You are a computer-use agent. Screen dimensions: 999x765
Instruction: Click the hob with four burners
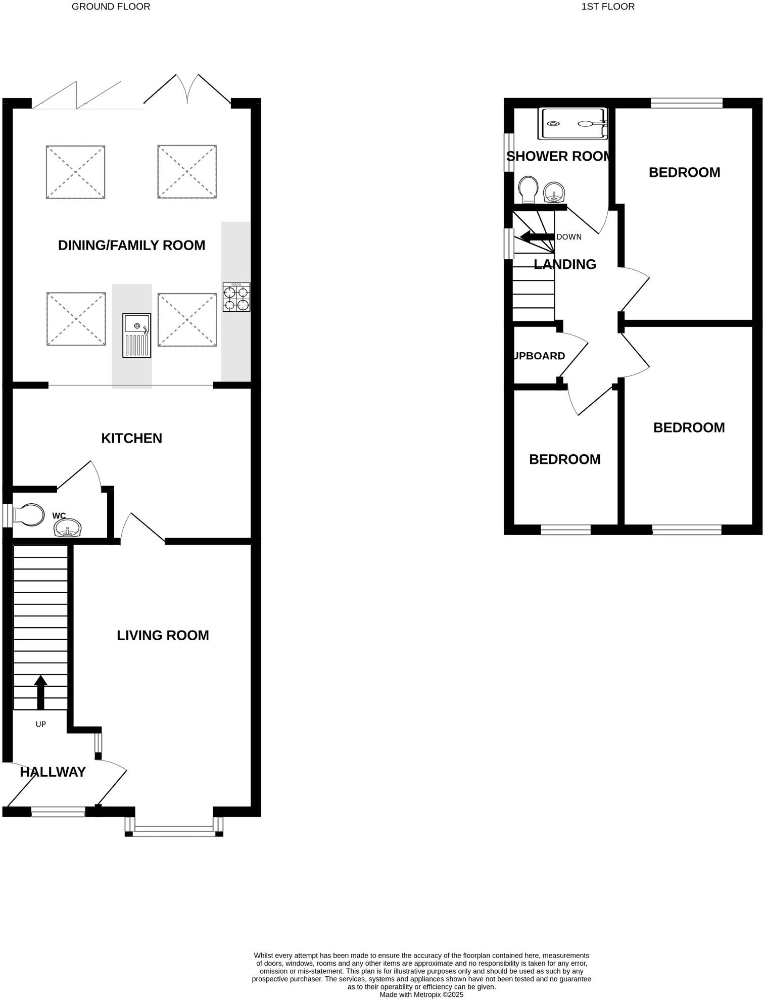[236, 297]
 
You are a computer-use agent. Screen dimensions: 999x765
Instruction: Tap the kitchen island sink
[136, 335]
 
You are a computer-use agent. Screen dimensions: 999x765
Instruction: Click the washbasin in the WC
[67, 528]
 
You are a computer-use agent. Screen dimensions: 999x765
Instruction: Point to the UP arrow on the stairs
[40, 692]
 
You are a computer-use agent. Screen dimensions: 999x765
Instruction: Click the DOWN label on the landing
[568, 236]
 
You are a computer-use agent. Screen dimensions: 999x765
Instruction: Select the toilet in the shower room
[528, 189]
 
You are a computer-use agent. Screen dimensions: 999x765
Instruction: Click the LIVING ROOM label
[163, 635]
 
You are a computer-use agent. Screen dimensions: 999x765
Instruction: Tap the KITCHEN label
[131, 438]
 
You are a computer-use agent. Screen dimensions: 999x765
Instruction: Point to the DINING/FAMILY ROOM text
[131, 245]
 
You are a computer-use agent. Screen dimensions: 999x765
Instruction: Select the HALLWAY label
[53, 772]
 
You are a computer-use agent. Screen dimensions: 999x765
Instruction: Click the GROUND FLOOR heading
[111, 7]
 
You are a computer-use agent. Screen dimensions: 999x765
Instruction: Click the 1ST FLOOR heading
[608, 7]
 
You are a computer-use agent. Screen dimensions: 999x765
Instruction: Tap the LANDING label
[564, 264]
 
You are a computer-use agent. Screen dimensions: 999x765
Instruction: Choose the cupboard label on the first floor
[539, 356]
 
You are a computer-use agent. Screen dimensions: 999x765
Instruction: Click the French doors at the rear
[187, 90]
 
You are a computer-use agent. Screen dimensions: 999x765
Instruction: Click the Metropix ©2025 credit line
[421, 994]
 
